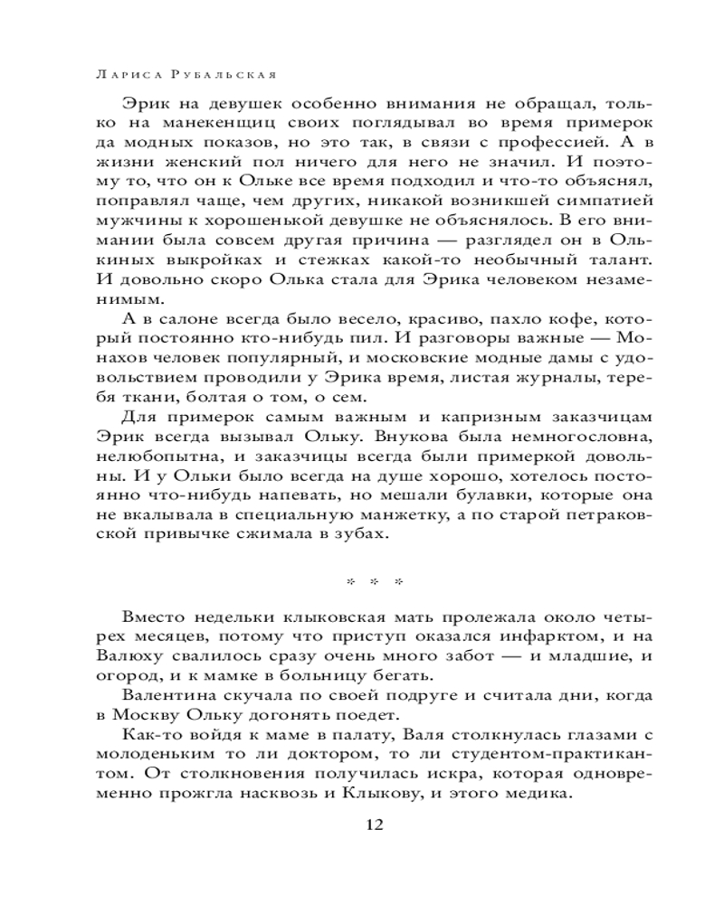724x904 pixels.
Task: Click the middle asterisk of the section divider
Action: [x=374, y=581]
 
